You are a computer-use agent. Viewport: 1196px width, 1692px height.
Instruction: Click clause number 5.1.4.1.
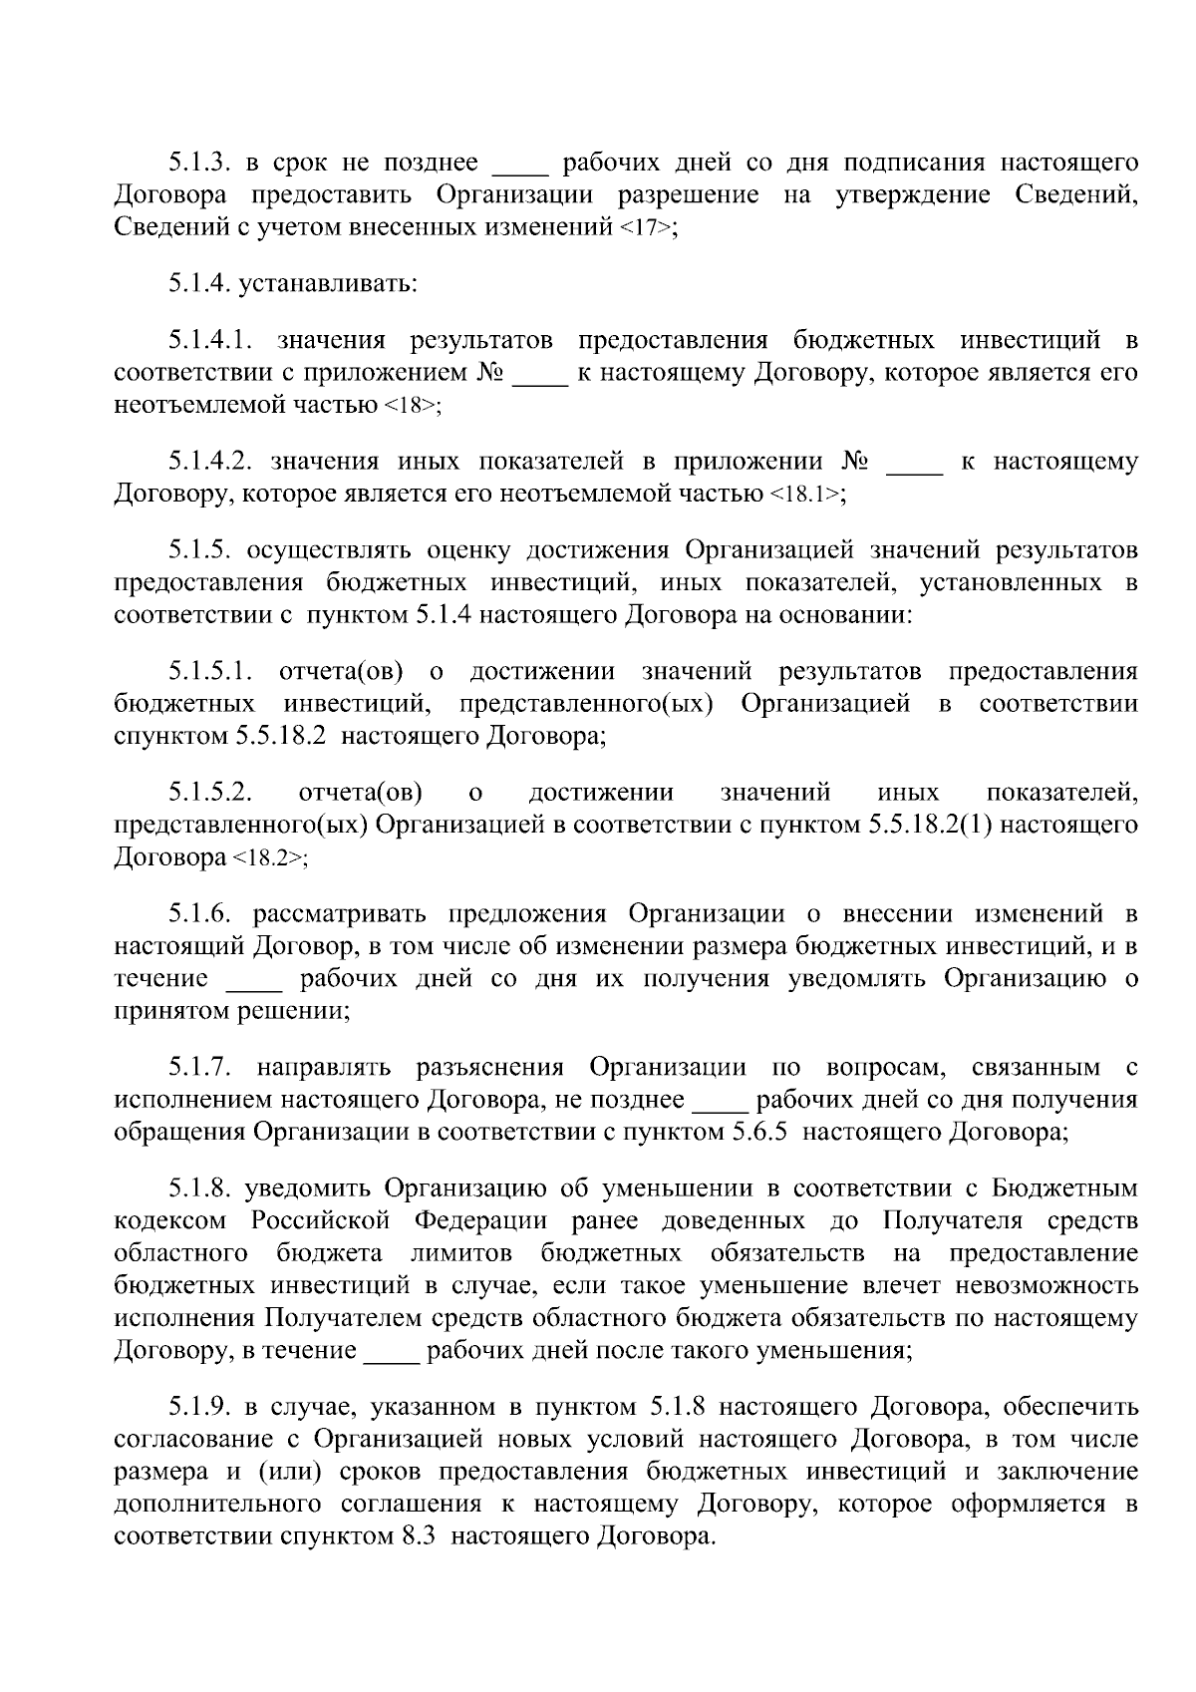[x=214, y=341]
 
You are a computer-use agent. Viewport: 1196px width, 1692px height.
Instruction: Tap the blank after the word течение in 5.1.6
[x=255, y=979]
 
